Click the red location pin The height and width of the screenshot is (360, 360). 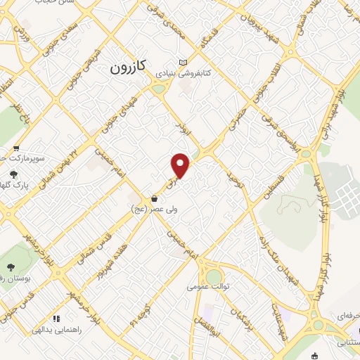181,166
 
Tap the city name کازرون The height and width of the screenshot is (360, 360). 128,67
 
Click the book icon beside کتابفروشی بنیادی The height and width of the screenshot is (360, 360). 184,62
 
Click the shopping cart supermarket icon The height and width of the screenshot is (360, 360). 15,148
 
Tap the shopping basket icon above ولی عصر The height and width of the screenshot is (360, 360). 154,199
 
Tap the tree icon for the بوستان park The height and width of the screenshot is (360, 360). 12,266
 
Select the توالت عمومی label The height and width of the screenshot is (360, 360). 204,286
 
